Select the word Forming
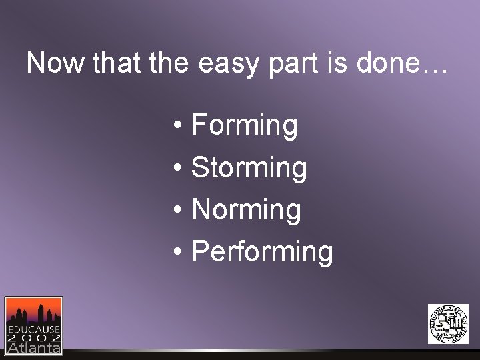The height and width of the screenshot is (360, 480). click(244, 125)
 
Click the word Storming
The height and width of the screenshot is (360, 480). click(249, 168)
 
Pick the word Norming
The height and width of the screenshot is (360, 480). click(246, 210)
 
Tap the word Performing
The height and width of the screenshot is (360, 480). click(262, 252)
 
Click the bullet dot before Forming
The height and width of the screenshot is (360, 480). click(177, 127)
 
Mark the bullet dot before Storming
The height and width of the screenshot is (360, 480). click(177, 169)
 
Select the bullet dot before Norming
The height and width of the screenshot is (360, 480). click(177, 211)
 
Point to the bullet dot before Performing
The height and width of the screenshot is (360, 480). click(177, 253)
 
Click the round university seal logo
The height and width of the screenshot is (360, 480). click(448, 324)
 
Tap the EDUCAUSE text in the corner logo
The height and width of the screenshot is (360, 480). click(33, 329)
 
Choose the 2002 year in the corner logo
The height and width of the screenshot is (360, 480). click(33, 338)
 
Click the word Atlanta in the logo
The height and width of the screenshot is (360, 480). click(33, 347)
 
